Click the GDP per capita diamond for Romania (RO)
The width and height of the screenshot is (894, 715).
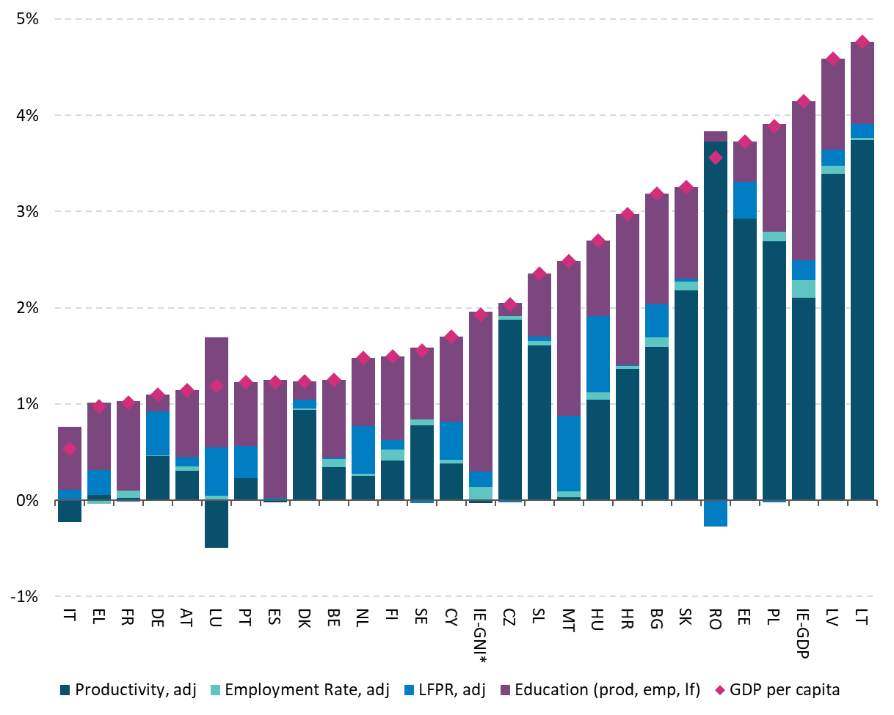716,158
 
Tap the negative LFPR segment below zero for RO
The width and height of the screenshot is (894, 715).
716,513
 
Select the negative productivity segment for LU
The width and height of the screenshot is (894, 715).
217,524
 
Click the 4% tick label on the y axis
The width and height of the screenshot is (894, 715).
26,115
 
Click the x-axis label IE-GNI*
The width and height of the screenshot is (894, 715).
481,634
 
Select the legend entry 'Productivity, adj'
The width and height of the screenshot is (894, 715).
128,690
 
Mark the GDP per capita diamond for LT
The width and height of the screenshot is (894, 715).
862,42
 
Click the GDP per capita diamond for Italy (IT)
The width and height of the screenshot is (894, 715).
70,449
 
